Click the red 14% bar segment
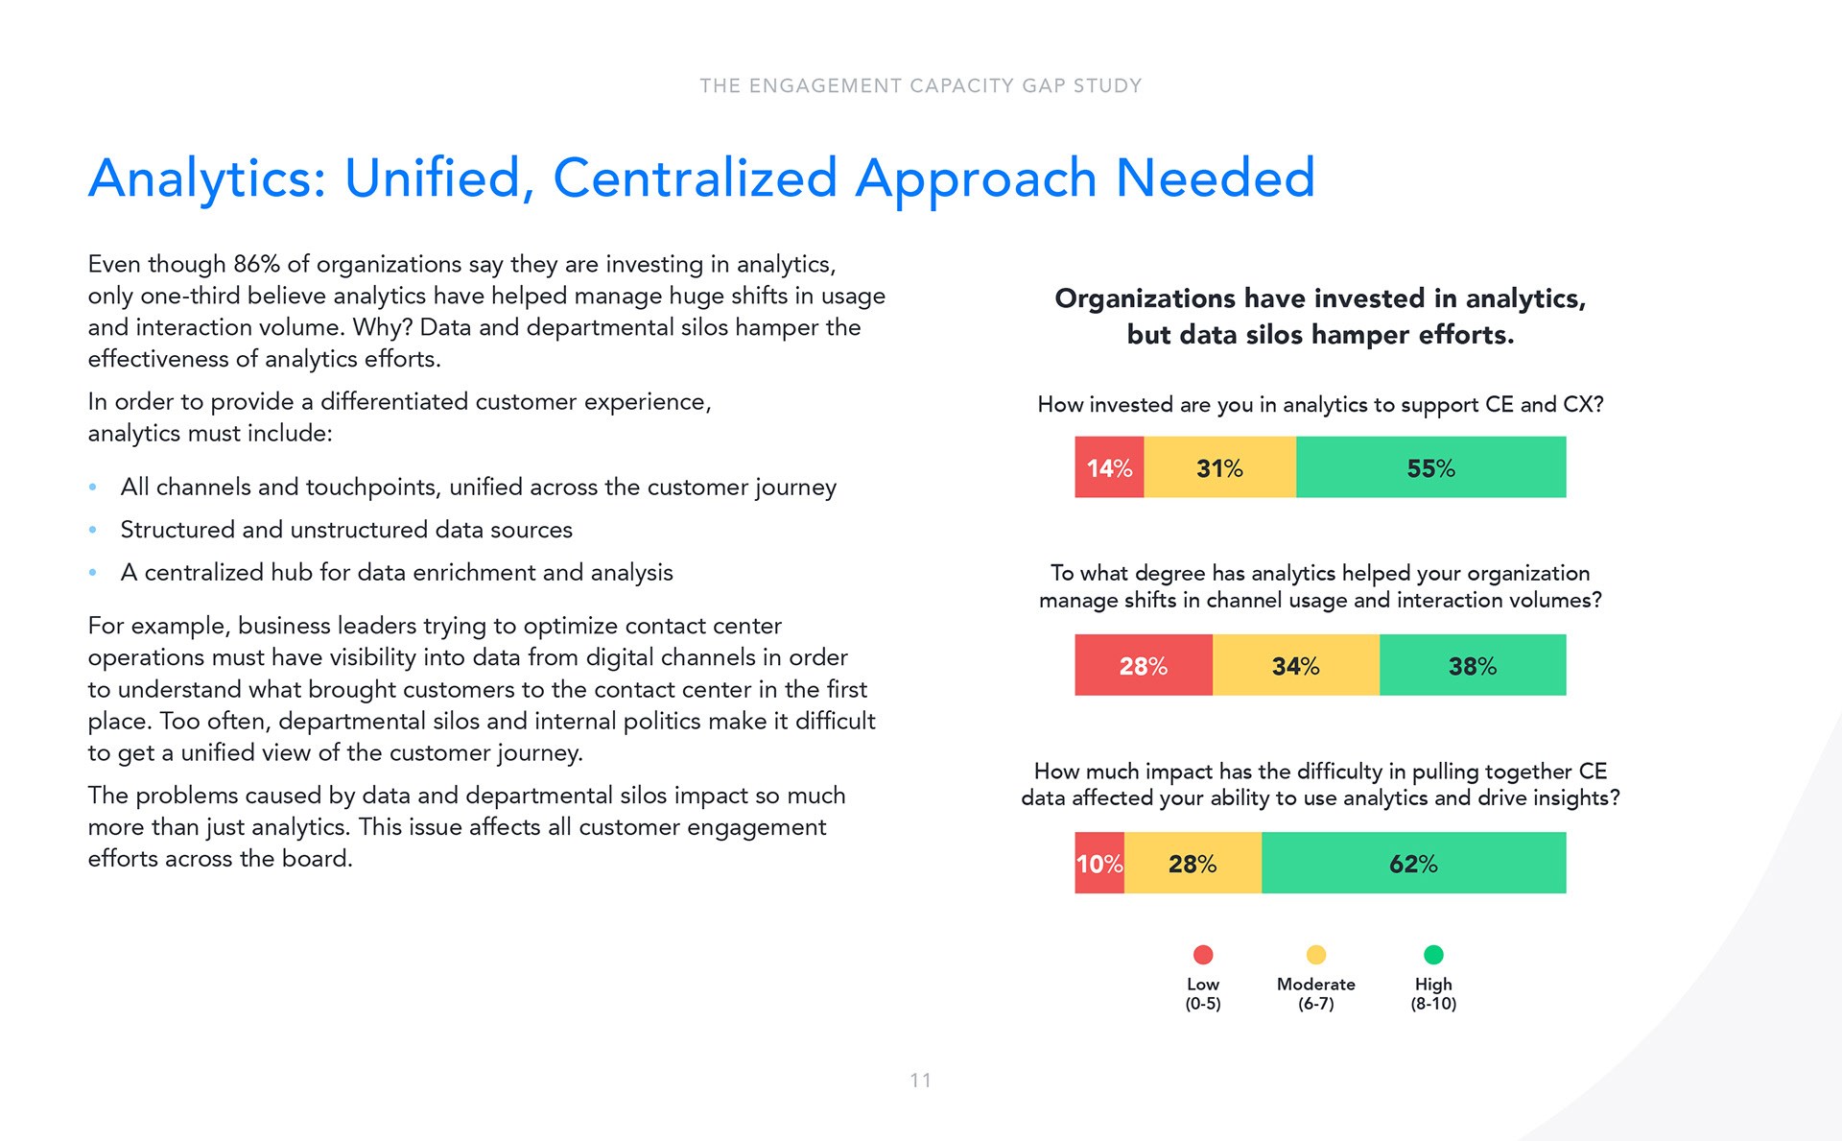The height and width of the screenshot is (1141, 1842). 1109,467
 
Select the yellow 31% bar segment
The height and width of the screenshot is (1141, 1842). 1219,467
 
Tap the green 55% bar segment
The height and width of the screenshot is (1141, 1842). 1430,467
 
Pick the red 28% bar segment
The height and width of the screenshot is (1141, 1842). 1143,665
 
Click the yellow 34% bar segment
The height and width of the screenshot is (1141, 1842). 1295,665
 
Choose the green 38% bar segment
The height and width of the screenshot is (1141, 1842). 1473,665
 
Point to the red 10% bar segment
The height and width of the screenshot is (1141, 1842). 1098,863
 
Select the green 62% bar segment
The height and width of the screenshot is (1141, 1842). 1413,863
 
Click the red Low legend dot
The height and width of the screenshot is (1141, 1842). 1203,955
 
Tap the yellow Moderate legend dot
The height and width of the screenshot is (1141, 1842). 1316,955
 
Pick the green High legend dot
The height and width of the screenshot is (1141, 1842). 1433,955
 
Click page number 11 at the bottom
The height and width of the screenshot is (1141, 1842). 921,1081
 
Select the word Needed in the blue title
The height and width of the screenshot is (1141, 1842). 1215,178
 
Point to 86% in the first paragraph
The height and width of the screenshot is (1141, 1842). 256,264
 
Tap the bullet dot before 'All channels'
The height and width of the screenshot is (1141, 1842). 93,487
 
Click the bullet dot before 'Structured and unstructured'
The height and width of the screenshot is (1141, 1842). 93,530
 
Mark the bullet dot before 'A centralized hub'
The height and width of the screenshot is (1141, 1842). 93,573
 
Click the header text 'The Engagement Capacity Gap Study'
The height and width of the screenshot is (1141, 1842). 921,86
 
